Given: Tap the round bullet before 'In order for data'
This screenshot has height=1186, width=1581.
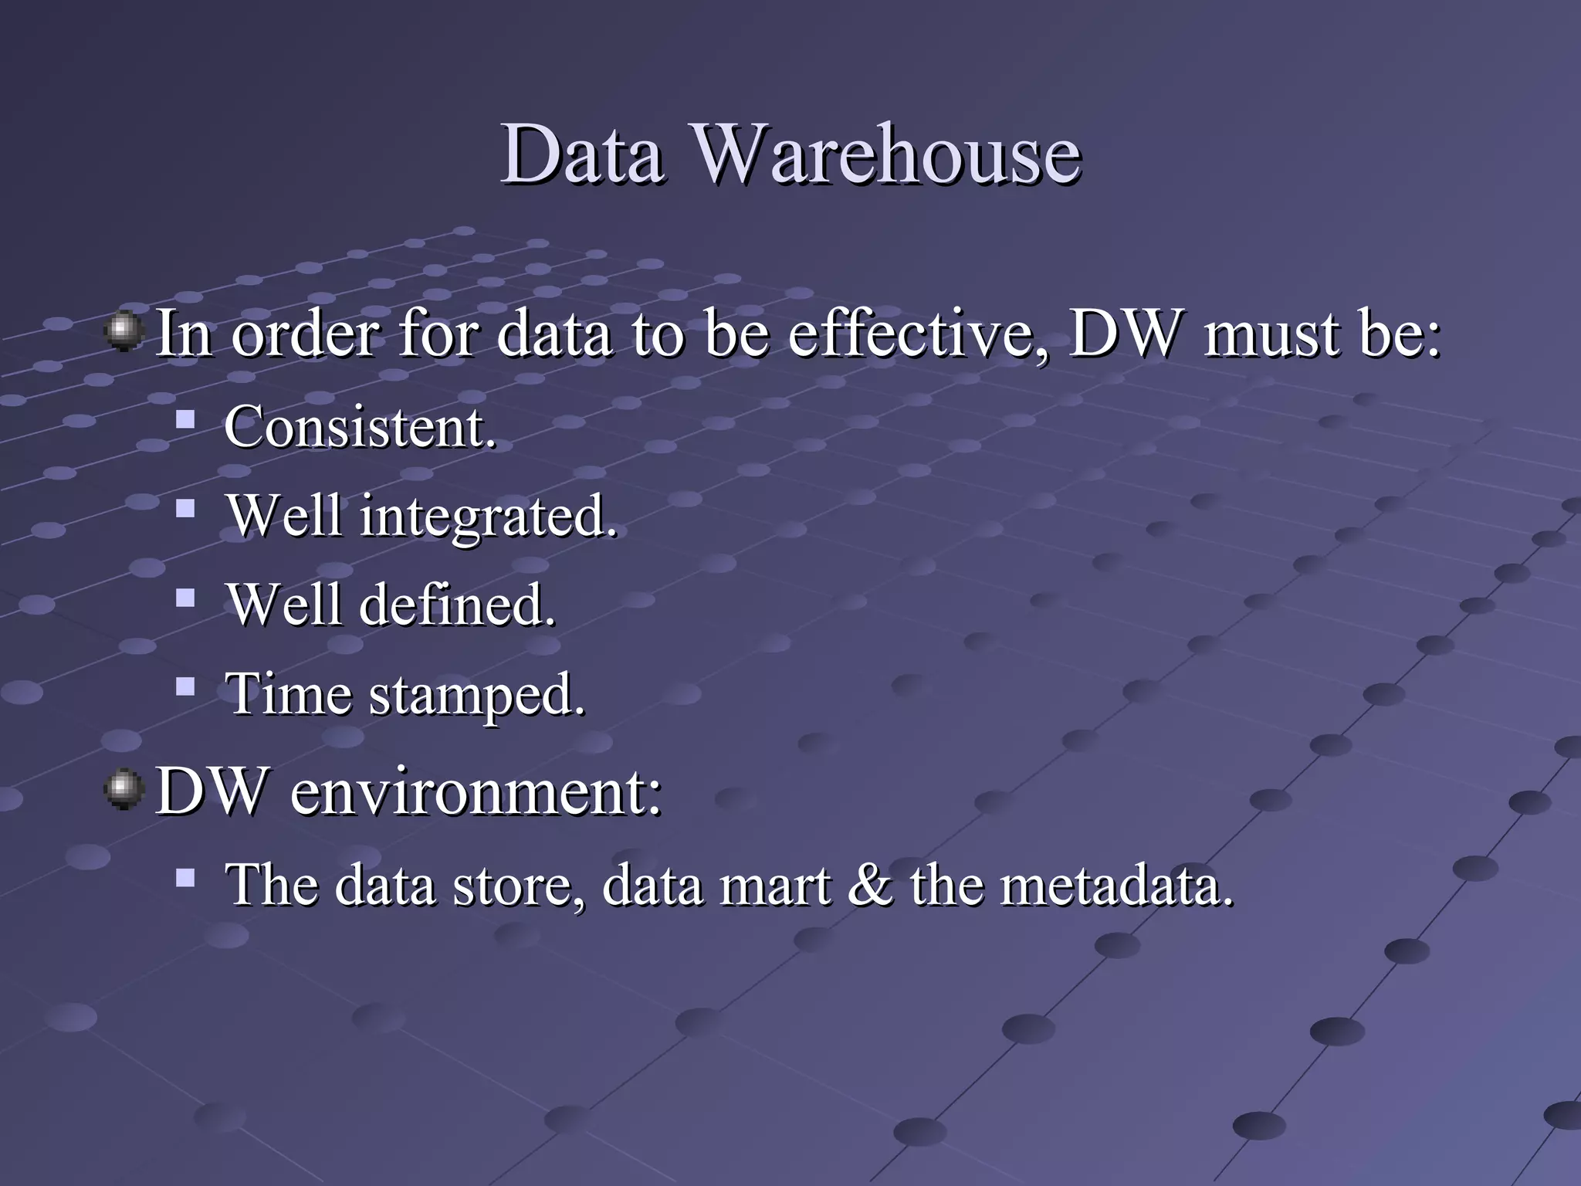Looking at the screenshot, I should (x=124, y=332).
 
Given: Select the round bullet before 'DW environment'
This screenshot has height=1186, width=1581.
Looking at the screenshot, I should (x=124, y=790).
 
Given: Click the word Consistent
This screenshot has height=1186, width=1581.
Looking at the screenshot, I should (x=360, y=426).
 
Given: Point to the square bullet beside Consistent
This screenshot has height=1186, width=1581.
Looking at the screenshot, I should (x=185, y=420).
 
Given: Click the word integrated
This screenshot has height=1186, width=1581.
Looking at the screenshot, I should (x=489, y=516).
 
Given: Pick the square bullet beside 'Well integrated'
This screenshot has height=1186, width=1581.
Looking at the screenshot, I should (x=185, y=508).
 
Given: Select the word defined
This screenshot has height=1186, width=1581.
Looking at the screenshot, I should (x=457, y=604).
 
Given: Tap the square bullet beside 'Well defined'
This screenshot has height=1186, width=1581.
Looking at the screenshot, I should (x=185, y=598).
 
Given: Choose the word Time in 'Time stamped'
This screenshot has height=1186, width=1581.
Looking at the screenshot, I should (x=289, y=693).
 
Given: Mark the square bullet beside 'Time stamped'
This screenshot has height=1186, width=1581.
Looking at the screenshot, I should (x=185, y=686).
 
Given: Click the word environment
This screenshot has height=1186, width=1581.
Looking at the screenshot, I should (x=476, y=791).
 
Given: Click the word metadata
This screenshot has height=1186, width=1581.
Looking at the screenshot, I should (x=1117, y=885).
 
